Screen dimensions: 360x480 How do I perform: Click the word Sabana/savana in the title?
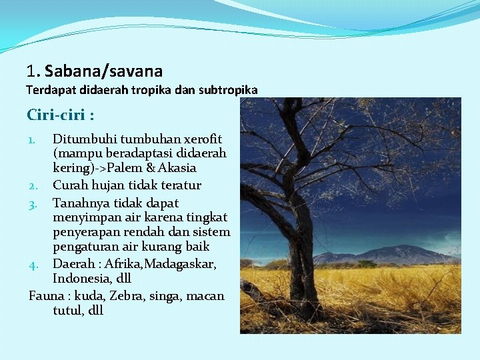point(103,71)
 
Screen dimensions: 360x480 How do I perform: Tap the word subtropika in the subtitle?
point(228,89)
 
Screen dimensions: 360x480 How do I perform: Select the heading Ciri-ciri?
point(60,115)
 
